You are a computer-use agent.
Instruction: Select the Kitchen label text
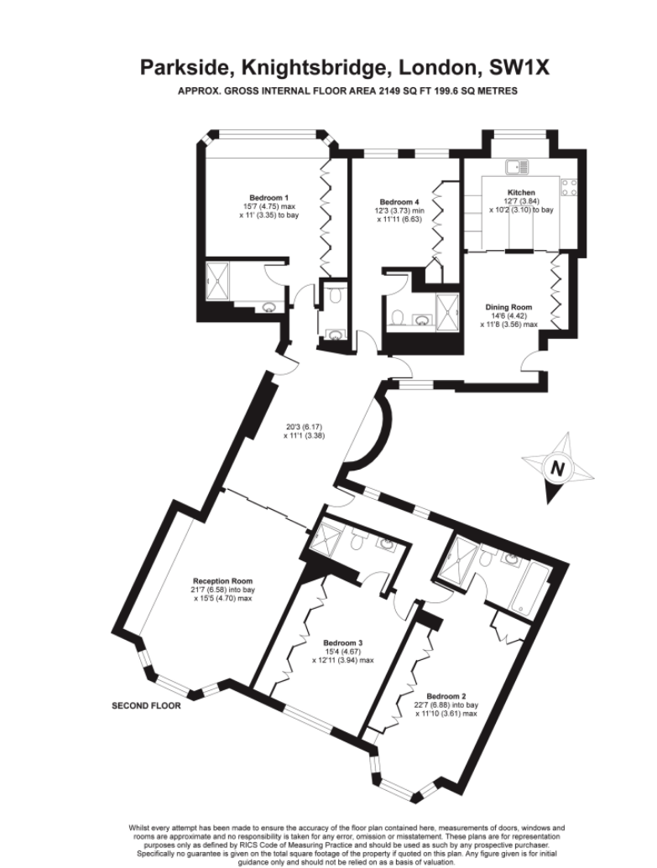[521, 192]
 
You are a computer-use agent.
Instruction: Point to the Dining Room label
[508, 307]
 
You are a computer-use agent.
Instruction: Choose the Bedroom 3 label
[343, 642]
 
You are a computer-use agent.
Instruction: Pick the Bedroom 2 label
[446, 696]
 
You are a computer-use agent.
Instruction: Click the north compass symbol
[558, 468]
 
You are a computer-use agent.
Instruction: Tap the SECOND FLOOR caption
[146, 706]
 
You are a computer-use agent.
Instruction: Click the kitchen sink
[518, 166]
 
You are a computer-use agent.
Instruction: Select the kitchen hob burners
[570, 188]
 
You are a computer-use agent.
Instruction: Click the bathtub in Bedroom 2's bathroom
[529, 588]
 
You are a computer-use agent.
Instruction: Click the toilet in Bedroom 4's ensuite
[397, 317]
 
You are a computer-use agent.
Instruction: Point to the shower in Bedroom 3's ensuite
[322, 538]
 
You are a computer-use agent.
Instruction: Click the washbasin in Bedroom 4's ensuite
[424, 320]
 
